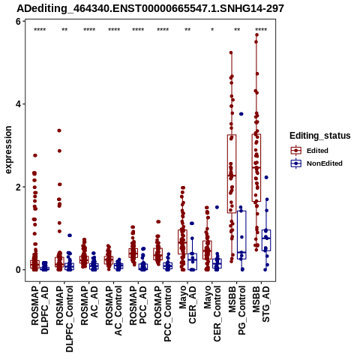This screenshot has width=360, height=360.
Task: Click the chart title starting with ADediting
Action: coord(150,9)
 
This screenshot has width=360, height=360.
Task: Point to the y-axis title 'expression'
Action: coord(8,150)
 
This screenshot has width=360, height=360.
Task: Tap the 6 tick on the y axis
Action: coord(18,22)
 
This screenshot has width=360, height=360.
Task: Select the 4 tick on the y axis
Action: coord(18,104)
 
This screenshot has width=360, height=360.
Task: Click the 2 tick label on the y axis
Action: coord(18,187)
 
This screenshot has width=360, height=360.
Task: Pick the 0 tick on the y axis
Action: coord(18,270)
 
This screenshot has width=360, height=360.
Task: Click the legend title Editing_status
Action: coord(320,136)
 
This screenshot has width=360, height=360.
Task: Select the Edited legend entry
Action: coord(309,151)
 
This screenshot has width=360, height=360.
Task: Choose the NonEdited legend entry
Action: coord(316,163)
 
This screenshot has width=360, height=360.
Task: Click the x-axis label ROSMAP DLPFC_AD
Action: coord(40,310)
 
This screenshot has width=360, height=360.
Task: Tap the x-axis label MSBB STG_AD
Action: coord(261,304)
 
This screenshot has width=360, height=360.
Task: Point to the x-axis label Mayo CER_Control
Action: coord(212,313)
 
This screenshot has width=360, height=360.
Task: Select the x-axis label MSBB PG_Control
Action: coord(237,310)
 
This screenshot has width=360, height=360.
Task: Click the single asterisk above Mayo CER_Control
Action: coord(212,30)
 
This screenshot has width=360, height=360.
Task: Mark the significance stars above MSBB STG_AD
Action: coord(261,30)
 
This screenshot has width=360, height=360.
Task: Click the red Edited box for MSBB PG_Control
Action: coord(232,174)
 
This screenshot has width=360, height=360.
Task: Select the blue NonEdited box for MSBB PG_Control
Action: coord(241,235)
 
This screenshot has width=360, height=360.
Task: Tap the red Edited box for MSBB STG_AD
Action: coord(256,168)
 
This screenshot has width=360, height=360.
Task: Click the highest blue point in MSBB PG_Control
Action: coord(241,114)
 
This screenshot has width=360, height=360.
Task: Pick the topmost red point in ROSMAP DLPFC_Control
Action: coord(59,130)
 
